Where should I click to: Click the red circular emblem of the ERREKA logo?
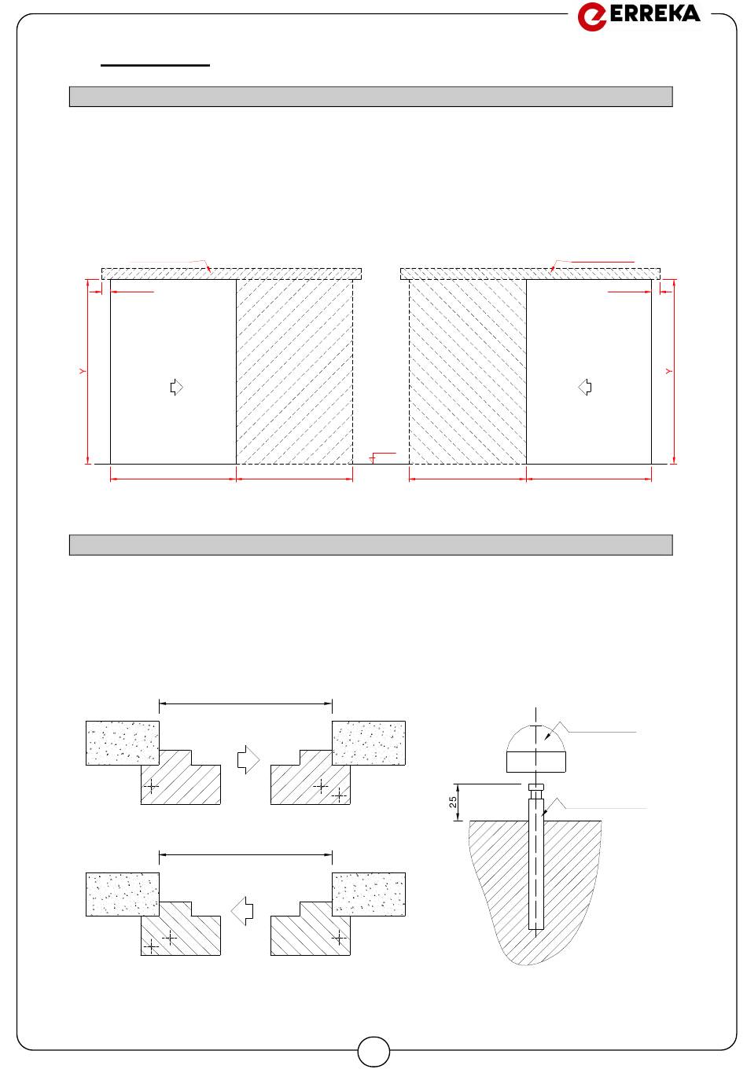coord(591,17)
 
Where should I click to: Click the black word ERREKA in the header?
coord(655,13)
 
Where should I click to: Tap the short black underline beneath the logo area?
coord(155,64)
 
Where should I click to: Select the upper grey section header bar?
coord(371,97)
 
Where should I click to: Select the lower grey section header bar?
coord(371,545)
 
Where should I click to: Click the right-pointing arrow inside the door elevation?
coord(176,388)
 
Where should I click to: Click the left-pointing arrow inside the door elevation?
coord(585,388)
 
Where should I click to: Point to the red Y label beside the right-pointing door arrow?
coord(83,372)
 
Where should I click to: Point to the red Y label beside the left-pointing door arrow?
coord(668,372)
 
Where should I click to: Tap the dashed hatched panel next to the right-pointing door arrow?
coord(294,372)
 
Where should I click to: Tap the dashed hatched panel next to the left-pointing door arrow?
coord(468,372)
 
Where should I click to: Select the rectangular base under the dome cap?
coord(536,762)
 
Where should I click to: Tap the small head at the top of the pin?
coord(536,788)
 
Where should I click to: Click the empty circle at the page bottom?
coord(373,1052)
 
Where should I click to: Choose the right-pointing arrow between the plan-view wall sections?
coord(248,759)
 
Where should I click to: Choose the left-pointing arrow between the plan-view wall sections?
coord(242,910)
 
